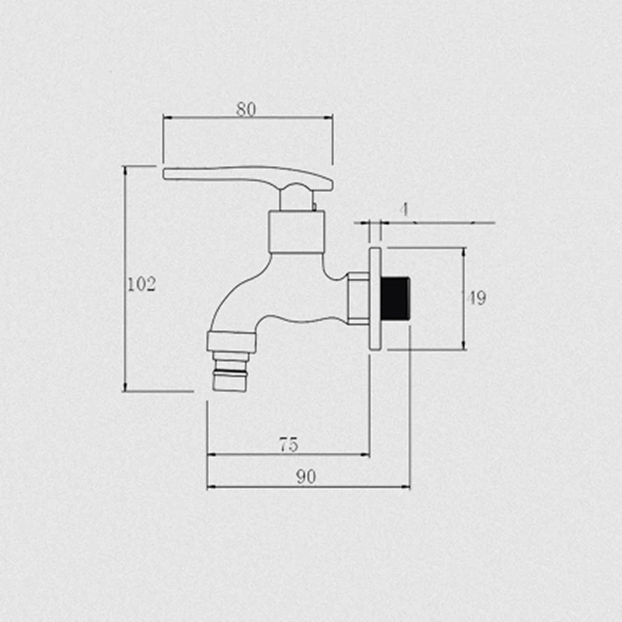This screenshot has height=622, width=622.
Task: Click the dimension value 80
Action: point(246,109)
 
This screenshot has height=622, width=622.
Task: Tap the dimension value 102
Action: point(142,284)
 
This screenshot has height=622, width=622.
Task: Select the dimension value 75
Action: point(288,445)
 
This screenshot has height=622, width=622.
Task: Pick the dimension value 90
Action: point(306,477)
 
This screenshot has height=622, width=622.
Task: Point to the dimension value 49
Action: point(477,298)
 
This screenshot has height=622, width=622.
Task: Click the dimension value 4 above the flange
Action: point(404,209)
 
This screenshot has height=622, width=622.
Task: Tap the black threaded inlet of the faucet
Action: point(395,299)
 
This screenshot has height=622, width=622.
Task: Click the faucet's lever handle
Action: point(248,178)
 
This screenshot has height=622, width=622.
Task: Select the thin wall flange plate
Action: point(376,299)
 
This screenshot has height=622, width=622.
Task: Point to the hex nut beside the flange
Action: point(358,299)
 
